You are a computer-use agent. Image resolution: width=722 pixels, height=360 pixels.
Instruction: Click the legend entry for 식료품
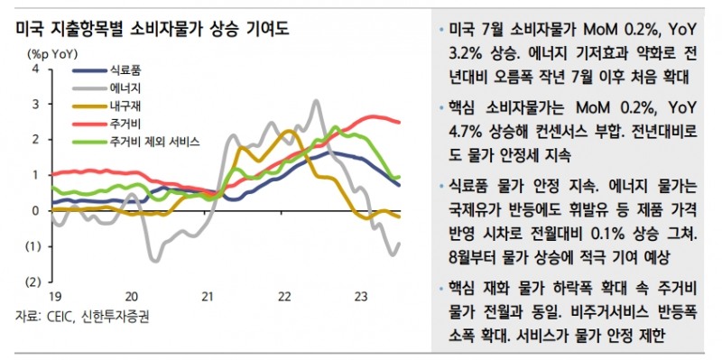click(123, 69)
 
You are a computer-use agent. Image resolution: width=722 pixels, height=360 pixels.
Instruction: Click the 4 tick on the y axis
click(35, 69)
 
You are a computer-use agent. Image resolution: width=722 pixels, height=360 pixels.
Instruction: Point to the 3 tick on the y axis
click(35, 104)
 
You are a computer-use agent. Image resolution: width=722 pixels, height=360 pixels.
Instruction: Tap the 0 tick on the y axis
click(35, 210)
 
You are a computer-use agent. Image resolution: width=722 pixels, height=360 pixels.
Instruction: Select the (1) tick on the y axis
click(33, 246)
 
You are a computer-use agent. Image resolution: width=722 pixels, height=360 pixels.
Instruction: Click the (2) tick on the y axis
click(33, 282)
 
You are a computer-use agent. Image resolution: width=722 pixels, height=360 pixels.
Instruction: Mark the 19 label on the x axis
click(53, 297)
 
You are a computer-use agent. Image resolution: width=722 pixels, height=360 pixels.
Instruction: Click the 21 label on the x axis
click(207, 297)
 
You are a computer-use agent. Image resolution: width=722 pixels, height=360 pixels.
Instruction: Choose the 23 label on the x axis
click(360, 297)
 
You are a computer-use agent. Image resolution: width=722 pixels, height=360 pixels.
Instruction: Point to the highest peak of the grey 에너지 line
click(317, 101)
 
